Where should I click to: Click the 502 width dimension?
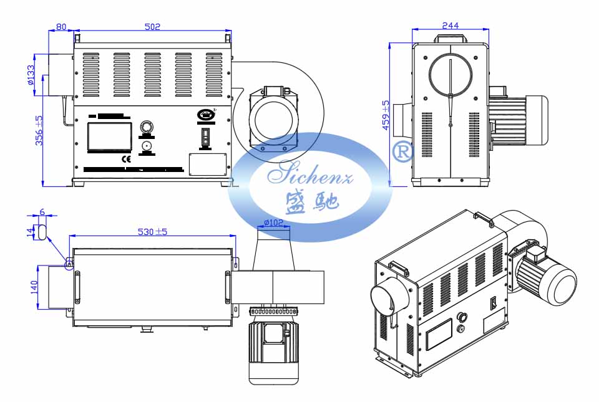tap(152, 26)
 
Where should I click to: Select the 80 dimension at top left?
tap(61, 26)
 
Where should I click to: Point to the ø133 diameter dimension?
tap(30, 75)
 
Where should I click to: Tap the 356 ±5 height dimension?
tap(39, 130)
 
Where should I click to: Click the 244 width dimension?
tap(450, 26)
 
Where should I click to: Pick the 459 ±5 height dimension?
tap(386, 115)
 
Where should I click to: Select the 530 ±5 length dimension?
tap(152, 232)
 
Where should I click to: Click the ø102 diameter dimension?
tap(275, 223)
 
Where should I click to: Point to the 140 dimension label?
tap(35, 287)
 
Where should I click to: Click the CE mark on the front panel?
tap(125, 158)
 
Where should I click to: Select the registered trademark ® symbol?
tap(402, 151)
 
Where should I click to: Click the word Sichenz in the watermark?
tap(309, 174)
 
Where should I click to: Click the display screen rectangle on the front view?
tap(109, 137)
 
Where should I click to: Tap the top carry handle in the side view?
tap(450, 38)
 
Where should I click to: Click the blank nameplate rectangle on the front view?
tap(208, 163)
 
